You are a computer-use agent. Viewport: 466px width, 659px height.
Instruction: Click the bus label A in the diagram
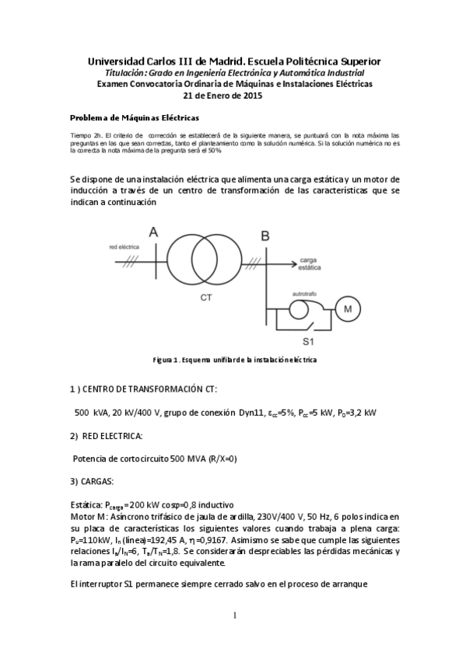click(x=153, y=232)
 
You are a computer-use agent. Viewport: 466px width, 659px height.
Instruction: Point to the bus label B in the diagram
click(x=265, y=236)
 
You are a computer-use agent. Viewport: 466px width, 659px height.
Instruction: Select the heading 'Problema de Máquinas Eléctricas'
click(x=135, y=118)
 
